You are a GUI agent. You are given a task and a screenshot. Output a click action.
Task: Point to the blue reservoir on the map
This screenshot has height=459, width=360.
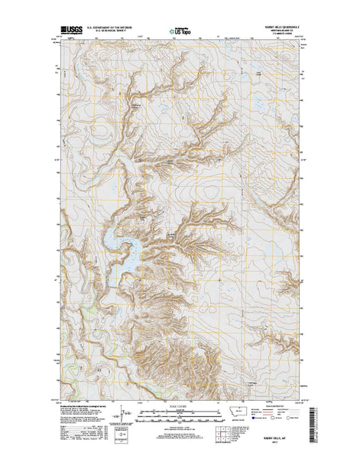pos(121,244)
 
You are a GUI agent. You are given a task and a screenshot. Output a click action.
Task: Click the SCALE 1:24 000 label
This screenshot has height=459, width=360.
pos(180,409)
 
